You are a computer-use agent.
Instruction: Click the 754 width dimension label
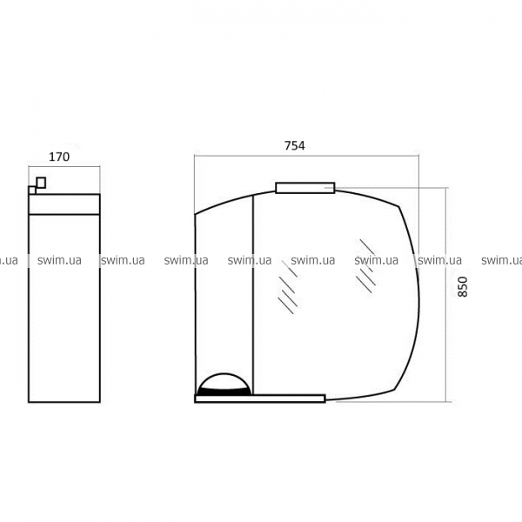click(295, 146)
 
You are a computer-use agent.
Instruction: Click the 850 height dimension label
click(463, 286)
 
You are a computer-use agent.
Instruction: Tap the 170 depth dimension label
click(59, 157)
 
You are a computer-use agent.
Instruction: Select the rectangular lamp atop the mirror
click(305, 188)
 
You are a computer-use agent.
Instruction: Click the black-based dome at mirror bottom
click(224, 385)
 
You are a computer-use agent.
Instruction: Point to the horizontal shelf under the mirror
click(259, 398)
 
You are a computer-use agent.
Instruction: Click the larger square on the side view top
click(41, 183)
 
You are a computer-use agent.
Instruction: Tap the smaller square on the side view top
click(32, 190)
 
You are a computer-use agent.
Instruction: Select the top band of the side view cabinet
click(64, 204)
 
